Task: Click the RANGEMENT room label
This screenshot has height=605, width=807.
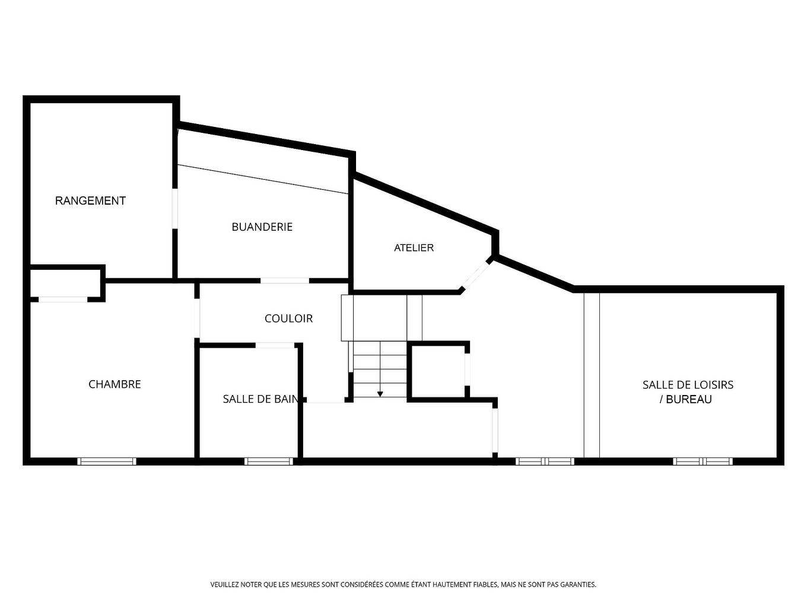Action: (x=90, y=200)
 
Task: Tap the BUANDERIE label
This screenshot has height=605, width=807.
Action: (x=262, y=227)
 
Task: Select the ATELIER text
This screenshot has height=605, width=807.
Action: (x=414, y=248)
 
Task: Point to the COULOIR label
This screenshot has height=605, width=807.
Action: (x=288, y=319)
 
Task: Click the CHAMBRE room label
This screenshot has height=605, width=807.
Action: (x=115, y=384)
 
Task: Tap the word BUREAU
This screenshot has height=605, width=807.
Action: (x=689, y=399)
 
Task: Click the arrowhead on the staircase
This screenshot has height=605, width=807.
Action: (x=380, y=394)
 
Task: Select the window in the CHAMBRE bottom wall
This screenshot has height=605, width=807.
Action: (x=107, y=461)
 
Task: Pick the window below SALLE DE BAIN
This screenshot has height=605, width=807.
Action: (x=269, y=461)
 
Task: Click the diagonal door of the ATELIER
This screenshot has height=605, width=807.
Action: (x=475, y=275)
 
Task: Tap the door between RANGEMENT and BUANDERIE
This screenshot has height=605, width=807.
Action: (x=175, y=209)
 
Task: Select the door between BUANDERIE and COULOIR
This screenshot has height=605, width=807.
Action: (x=285, y=281)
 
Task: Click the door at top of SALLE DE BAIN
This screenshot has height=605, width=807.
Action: (x=275, y=345)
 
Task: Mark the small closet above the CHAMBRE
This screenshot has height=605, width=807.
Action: (x=65, y=284)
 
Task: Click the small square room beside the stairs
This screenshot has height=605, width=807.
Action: (x=439, y=371)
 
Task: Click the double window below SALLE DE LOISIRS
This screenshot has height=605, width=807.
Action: (x=703, y=461)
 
